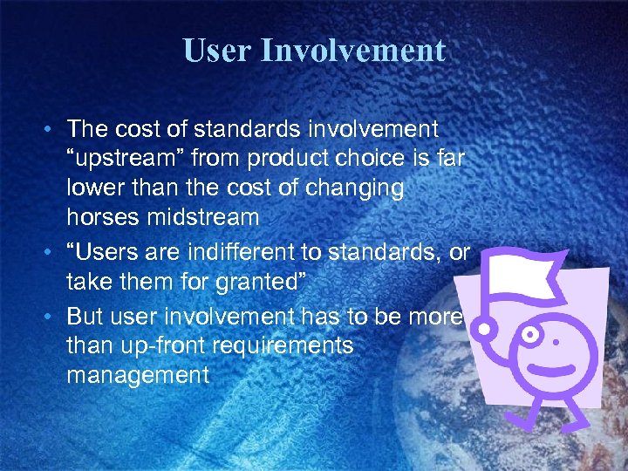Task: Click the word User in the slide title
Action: pyautogui.click(x=215, y=50)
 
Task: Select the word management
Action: pyautogui.click(x=138, y=375)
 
